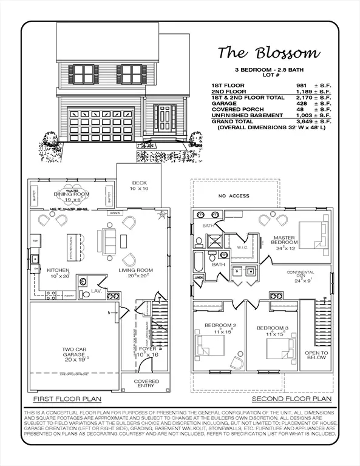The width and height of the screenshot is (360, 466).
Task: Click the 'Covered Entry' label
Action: (148, 384)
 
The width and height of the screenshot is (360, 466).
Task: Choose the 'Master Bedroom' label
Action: (284, 241)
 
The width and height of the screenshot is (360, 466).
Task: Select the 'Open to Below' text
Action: (316, 356)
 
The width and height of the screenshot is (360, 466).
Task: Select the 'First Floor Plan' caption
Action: (67, 399)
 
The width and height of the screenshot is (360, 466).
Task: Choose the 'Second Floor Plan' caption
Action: (292, 399)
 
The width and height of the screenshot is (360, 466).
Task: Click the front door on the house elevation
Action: (165, 120)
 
